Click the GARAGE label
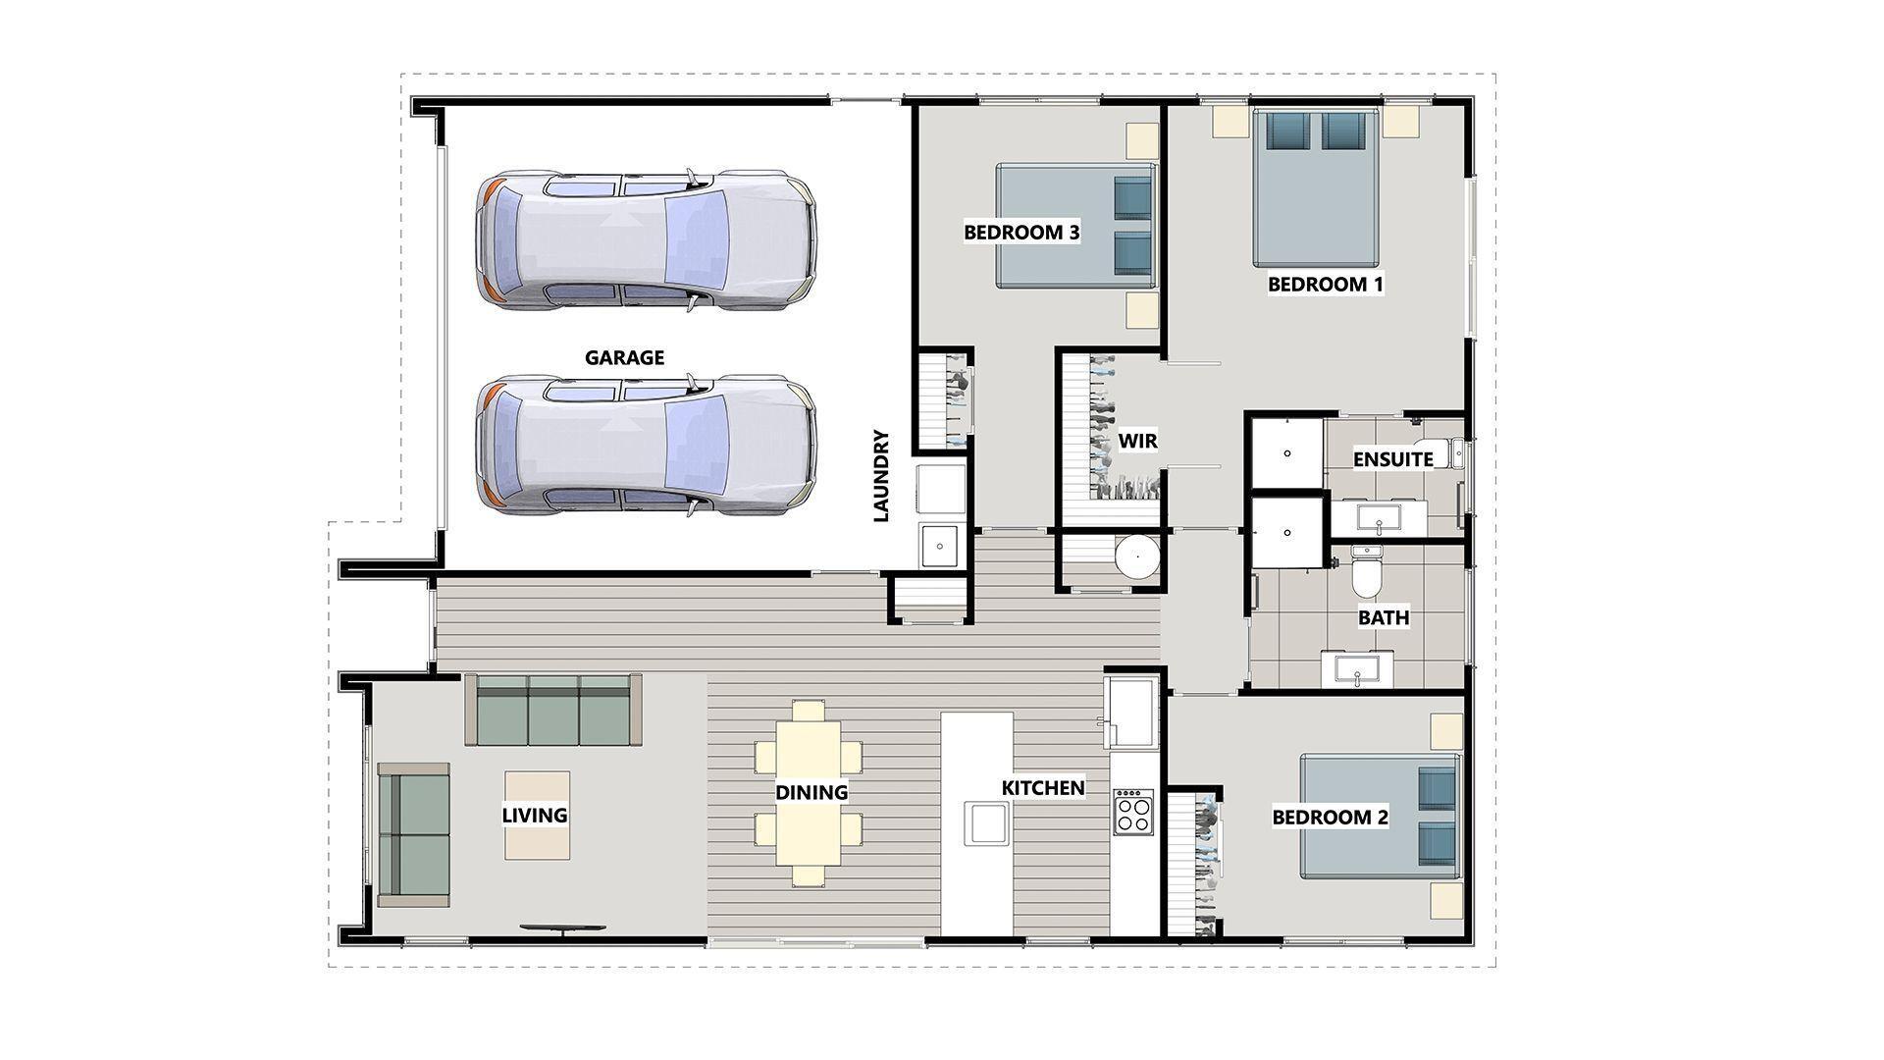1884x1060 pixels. point(624,358)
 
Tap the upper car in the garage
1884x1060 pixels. point(645,240)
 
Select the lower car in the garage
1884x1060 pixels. point(645,445)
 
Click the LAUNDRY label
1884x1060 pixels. point(880,475)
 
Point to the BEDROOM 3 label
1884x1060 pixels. point(1021,233)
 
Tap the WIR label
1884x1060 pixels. point(1138,442)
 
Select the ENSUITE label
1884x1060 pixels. point(1392,459)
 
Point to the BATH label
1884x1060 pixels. point(1383,617)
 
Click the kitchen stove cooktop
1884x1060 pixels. point(1132,812)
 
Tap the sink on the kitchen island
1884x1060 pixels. point(986,822)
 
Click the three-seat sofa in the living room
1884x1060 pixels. point(552,710)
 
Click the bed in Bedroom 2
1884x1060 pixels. point(1379,817)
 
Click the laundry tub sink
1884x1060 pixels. point(939,545)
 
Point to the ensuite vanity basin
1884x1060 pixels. point(1379,517)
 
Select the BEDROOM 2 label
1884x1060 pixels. point(1330,817)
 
